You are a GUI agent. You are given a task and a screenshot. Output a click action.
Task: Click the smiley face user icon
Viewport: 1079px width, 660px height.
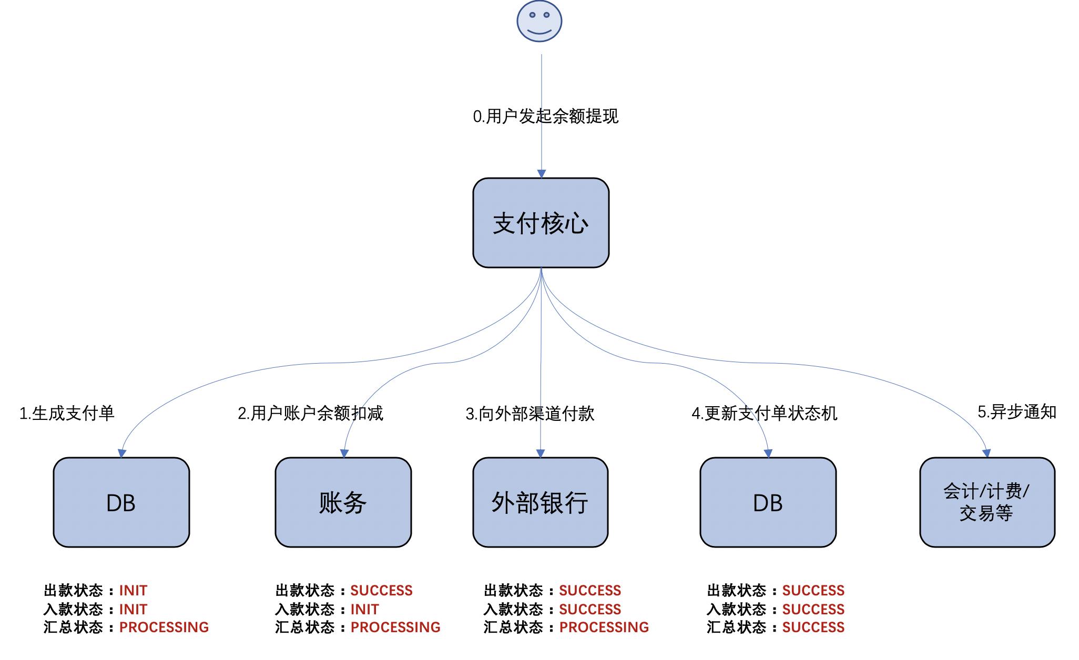pos(539,21)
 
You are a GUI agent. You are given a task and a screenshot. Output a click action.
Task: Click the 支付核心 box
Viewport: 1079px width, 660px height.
pos(541,223)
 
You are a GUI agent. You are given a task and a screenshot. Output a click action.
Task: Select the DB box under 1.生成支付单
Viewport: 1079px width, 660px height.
pos(121,502)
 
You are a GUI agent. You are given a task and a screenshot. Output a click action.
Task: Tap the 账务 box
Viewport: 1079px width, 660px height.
pos(343,502)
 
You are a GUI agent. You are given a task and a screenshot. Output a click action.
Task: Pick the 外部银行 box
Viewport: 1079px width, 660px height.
pos(540,502)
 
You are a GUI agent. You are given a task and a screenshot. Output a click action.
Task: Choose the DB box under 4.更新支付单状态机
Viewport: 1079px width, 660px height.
pos(768,502)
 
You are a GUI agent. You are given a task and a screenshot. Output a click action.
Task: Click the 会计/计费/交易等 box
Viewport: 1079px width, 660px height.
pos(987,502)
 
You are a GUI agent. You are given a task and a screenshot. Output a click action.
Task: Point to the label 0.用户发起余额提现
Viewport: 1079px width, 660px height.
pos(545,116)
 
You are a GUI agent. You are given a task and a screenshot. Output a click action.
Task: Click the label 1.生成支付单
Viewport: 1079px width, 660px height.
pos(67,414)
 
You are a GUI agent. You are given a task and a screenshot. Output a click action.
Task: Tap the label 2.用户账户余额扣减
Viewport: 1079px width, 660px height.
pos(310,414)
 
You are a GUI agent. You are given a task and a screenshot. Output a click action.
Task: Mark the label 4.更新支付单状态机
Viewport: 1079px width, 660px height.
pos(764,414)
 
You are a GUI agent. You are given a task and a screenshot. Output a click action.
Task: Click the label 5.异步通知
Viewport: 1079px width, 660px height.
pos(1017,412)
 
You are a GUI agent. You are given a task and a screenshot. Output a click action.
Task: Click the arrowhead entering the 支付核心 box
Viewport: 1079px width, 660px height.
pos(541,174)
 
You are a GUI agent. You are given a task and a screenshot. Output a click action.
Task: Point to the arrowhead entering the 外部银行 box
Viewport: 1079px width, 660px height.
pos(541,453)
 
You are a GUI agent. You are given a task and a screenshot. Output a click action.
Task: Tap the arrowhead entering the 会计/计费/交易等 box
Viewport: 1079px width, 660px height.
pos(986,453)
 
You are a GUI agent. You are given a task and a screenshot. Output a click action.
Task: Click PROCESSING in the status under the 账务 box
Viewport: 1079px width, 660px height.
pos(395,627)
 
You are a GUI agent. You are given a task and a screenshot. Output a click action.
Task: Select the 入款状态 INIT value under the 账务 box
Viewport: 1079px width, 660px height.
pos(364,610)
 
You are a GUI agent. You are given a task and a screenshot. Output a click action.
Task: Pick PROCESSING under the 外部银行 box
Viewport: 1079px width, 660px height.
pos(604,627)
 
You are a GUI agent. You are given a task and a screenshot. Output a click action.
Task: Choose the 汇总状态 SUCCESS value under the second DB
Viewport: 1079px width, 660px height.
pos(813,627)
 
